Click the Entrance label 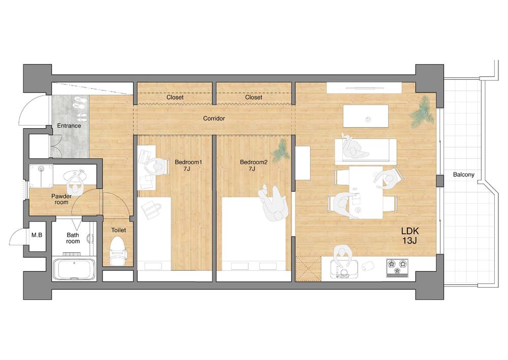tap(69, 126)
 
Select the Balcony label tap(463, 175)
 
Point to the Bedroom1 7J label tap(188, 165)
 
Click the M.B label tap(37, 235)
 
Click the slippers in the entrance tap(79, 104)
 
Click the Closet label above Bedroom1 tap(175, 97)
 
